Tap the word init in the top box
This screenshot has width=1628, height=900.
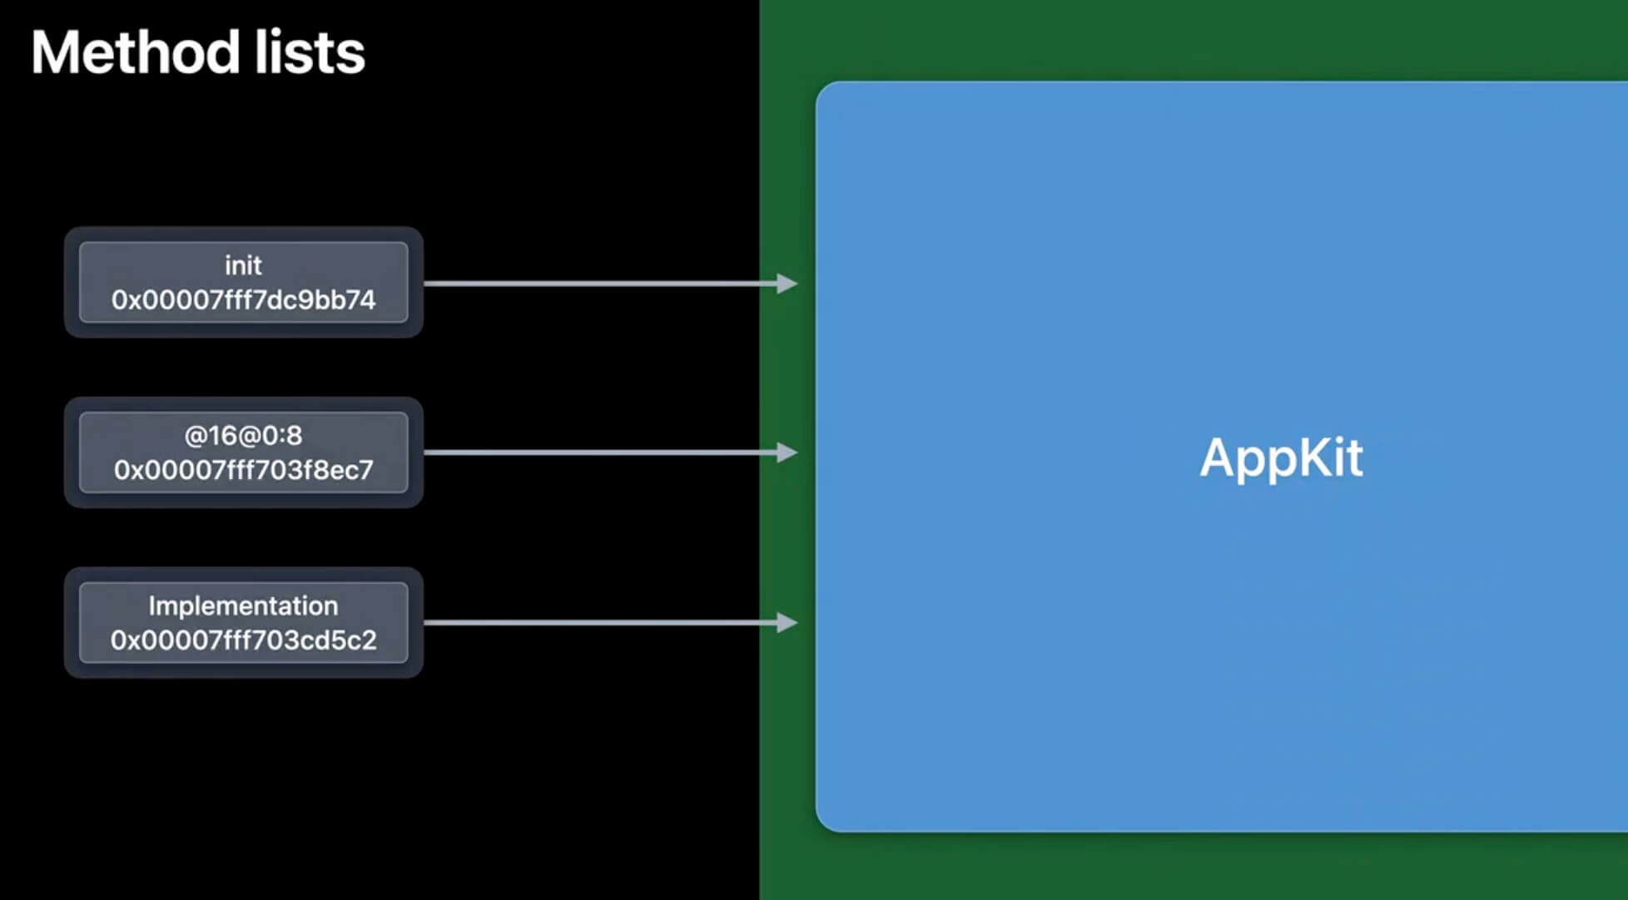coord(243,265)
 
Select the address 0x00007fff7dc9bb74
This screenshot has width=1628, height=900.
coord(243,300)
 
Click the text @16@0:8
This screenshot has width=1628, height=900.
coord(243,435)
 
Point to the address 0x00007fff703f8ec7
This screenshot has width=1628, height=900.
coord(243,470)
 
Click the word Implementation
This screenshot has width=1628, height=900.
coord(243,606)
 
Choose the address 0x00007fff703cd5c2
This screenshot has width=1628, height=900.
coord(243,640)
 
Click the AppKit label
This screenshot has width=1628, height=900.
coord(1281,457)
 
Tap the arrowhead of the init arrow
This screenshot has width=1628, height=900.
coord(787,284)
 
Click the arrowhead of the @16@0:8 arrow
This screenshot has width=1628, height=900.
coord(787,452)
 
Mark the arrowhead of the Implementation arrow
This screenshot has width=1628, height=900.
coord(787,622)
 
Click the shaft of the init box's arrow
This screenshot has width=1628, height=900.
coord(599,284)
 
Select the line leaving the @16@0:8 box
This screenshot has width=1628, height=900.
coord(599,452)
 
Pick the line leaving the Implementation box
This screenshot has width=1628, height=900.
coord(599,622)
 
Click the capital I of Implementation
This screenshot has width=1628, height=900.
coord(151,606)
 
